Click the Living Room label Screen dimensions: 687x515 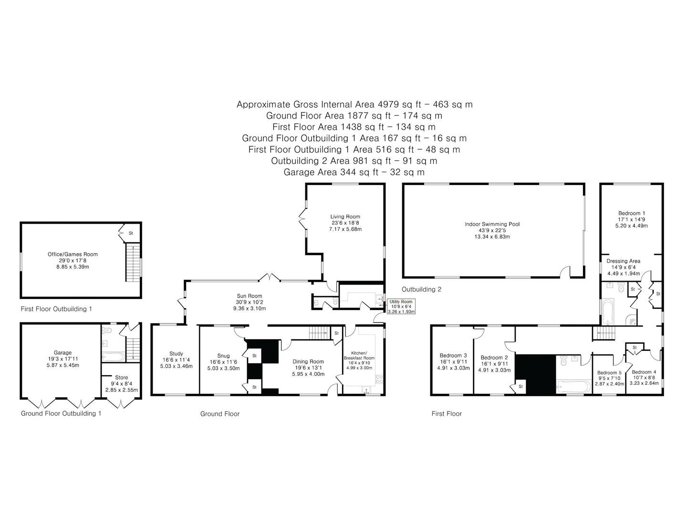coord(345,216)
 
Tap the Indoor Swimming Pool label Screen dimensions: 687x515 coord(492,224)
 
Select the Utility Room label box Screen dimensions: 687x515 coord(401,307)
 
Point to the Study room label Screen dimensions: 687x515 coord(176,354)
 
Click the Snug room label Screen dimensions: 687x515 coord(223,356)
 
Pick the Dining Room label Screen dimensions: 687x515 coord(308,361)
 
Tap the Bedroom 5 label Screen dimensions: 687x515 coord(609,373)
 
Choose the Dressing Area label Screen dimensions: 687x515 coord(623,261)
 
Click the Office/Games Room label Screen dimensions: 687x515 coord(73,255)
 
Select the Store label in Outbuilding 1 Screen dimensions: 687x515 coord(122,377)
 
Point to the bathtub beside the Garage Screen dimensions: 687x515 coord(113,357)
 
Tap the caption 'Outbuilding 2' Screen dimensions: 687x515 coord(421,289)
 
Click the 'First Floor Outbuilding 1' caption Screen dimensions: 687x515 coord(56,309)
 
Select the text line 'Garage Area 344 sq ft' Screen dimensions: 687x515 coord(331,172)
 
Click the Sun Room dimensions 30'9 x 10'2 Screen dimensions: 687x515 coord(249,302)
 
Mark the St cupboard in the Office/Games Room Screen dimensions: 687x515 coord(130,233)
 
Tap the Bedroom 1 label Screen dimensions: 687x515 coord(632,213)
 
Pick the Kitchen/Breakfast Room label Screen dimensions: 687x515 coord(359,356)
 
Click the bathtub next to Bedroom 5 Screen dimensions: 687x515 coord(573,386)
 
